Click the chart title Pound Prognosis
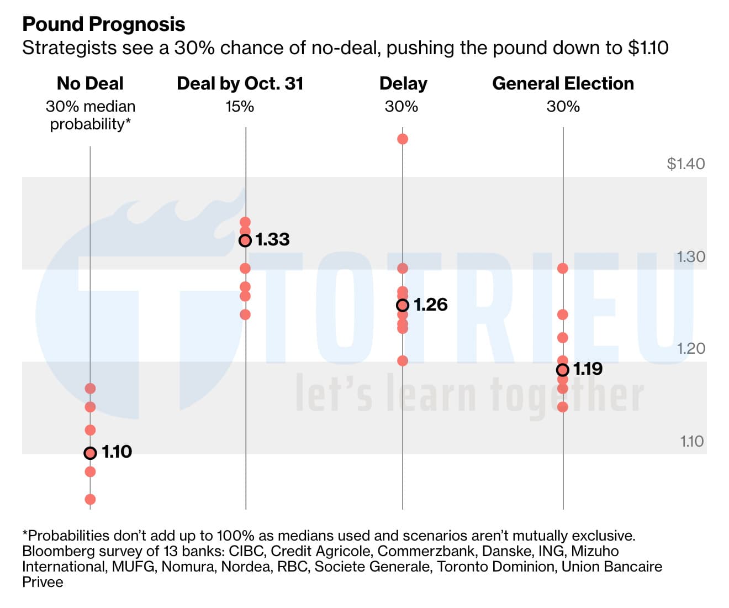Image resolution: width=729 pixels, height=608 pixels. click(103, 24)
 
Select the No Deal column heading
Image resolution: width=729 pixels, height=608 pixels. click(90, 83)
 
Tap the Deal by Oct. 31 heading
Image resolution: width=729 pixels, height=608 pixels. click(240, 83)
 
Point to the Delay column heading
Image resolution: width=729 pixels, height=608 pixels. click(403, 83)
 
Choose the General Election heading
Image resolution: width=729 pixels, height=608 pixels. click(563, 83)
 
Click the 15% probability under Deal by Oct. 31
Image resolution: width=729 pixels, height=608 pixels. click(240, 106)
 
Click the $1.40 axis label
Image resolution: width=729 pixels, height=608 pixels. click(686, 164)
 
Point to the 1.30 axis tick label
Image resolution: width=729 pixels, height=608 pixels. click(691, 256)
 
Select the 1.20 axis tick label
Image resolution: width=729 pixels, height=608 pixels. click(691, 348)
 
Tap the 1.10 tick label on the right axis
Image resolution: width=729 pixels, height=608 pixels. click(691, 441)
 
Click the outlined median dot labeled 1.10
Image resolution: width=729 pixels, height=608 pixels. click(90, 453)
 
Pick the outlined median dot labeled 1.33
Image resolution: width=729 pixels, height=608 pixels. click(245, 240)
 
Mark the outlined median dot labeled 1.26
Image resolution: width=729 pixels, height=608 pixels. click(403, 305)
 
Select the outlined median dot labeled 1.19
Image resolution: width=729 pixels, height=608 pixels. click(563, 370)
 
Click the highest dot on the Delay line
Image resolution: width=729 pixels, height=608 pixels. click(403, 139)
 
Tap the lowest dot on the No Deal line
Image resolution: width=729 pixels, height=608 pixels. click(90, 500)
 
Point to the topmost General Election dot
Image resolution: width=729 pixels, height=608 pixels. click(563, 269)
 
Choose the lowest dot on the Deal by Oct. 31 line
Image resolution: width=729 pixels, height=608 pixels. click(245, 315)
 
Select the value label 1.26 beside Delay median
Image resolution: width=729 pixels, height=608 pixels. click(430, 305)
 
